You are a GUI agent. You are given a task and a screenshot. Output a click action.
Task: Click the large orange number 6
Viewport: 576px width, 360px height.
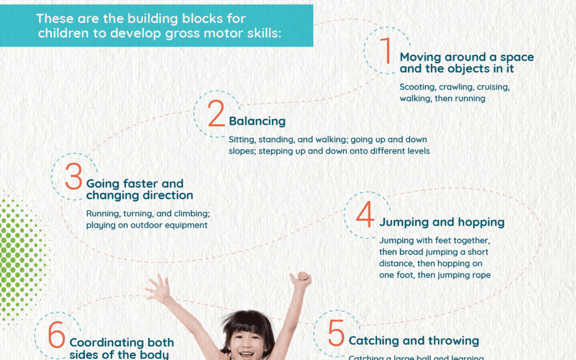coord(57,334)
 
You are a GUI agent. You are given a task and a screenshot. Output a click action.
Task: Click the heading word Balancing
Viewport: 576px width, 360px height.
coord(257,121)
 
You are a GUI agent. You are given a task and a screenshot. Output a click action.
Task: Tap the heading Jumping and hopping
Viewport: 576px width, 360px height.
coord(442,222)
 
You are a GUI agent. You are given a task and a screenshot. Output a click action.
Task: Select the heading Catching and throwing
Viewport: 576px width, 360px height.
coord(413,340)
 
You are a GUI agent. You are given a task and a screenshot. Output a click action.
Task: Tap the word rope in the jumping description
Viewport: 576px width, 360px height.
coord(481,275)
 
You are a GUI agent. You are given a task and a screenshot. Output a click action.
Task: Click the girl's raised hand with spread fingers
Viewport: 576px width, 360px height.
coord(158,289)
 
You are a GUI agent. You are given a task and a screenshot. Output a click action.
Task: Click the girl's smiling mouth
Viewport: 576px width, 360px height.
coord(246,353)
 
